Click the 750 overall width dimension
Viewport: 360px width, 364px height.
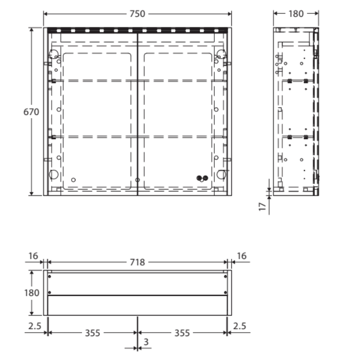click(x=137, y=14)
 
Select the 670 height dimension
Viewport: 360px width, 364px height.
click(x=31, y=112)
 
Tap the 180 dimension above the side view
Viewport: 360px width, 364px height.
click(x=296, y=14)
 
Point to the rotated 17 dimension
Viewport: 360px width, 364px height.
click(x=263, y=206)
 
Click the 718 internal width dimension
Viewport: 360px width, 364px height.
click(x=137, y=262)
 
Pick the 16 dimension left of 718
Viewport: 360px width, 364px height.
click(x=33, y=256)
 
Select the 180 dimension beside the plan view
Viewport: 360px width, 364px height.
click(x=31, y=293)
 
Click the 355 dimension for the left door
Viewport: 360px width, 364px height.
click(x=91, y=333)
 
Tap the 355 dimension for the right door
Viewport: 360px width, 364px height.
click(x=182, y=333)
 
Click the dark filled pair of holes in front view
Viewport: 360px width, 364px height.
click(x=201, y=178)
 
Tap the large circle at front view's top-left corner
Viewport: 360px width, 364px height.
click(x=54, y=53)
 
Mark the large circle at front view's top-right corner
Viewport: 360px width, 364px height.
click(x=221, y=53)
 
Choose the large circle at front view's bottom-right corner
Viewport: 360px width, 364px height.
click(x=221, y=175)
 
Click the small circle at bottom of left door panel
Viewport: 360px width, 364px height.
click(x=73, y=179)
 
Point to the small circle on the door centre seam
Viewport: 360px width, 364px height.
click(x=137, y=180)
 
